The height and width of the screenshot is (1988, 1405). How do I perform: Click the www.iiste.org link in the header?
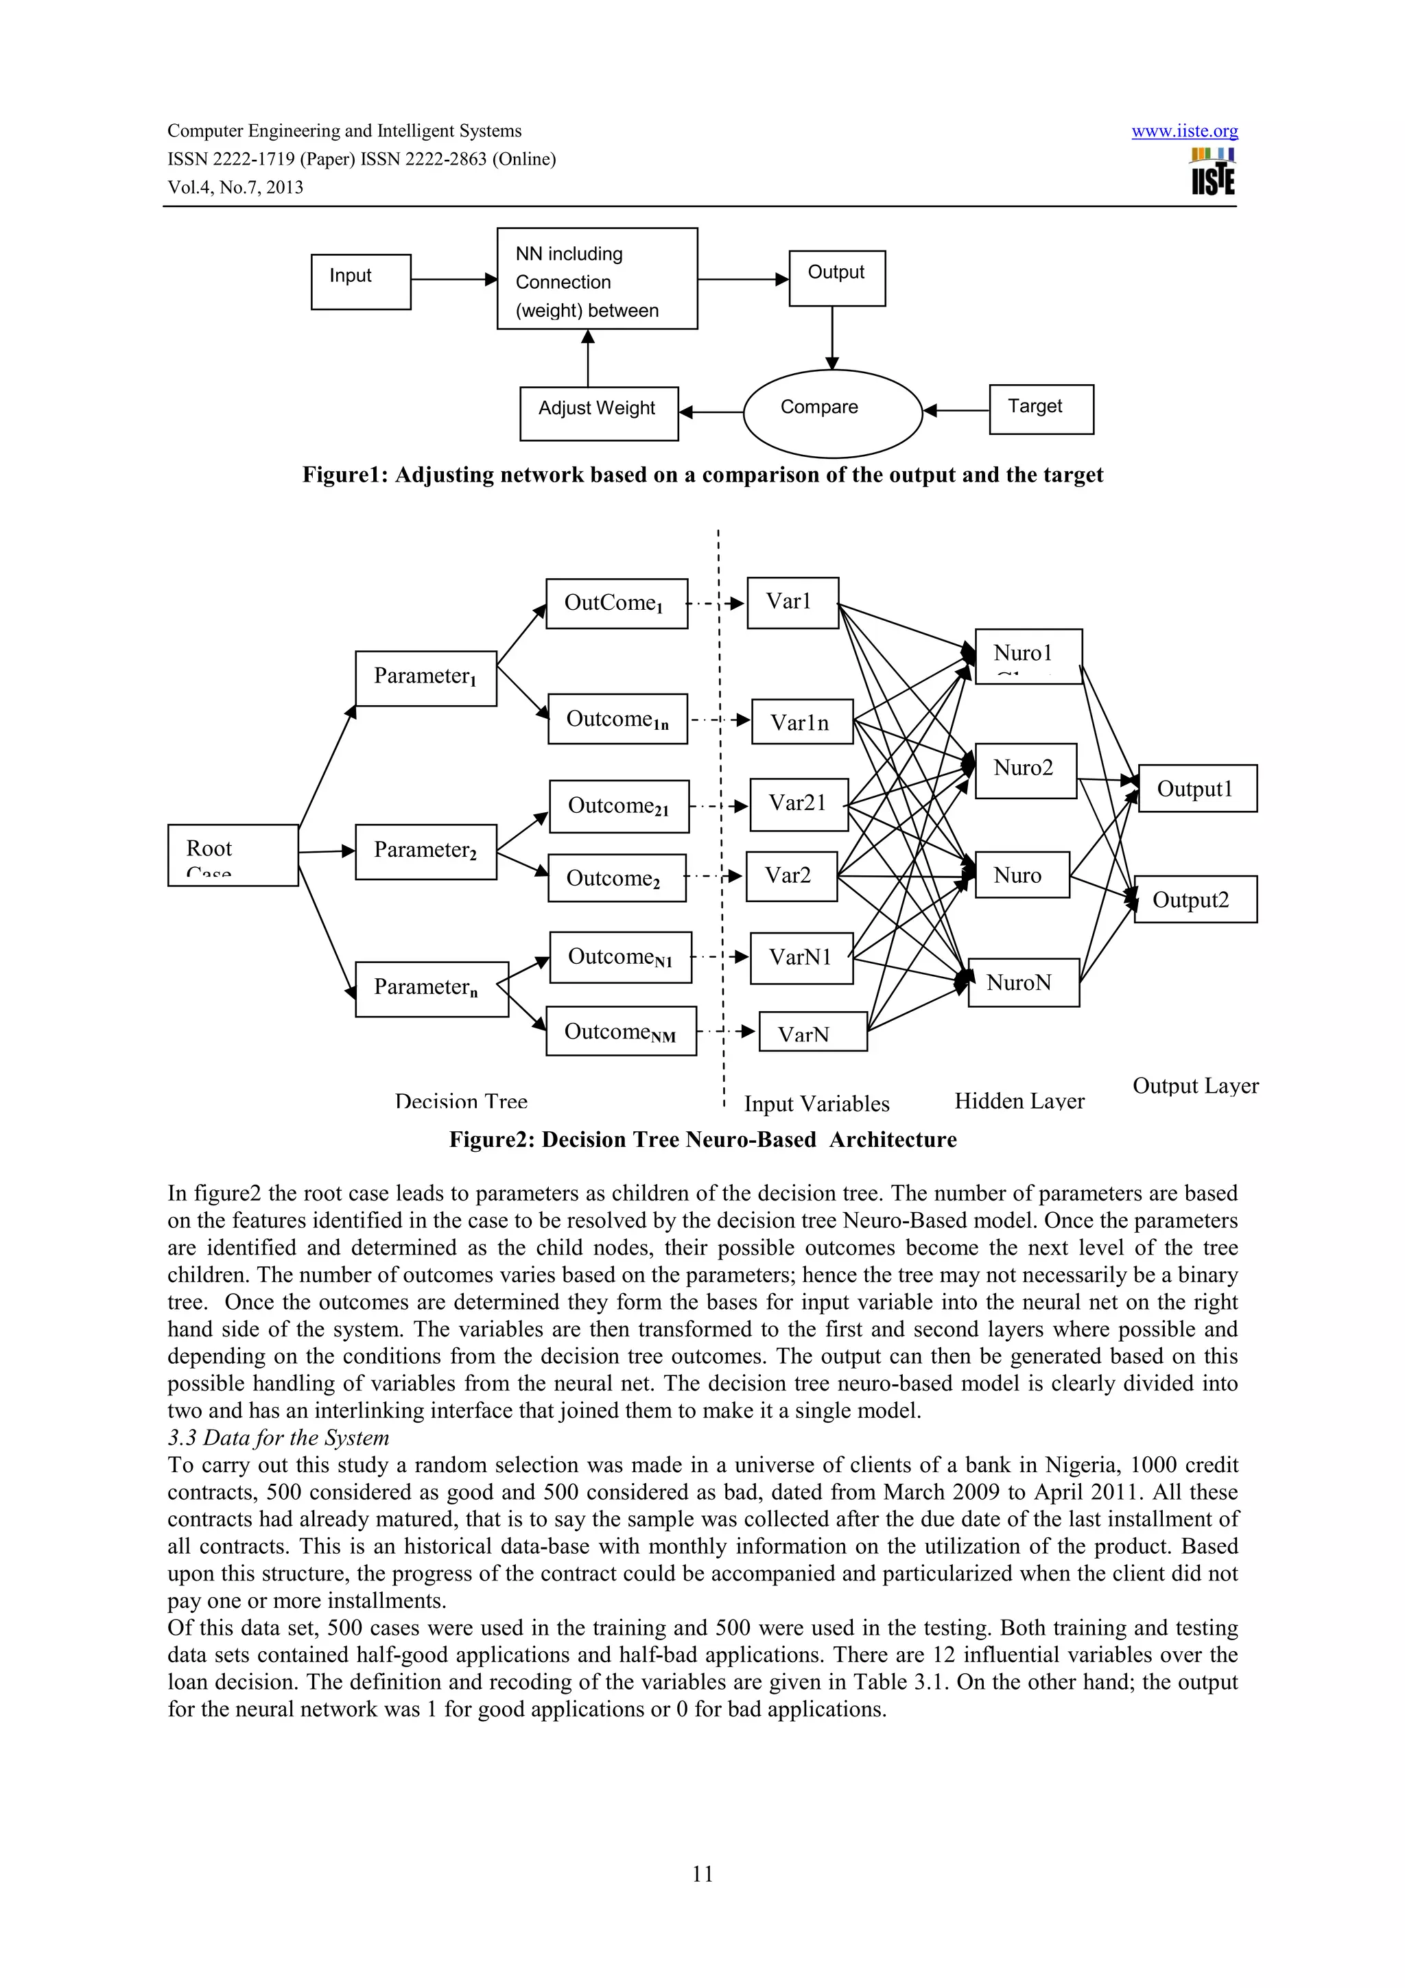pyautogui.click(x=1183, y=132)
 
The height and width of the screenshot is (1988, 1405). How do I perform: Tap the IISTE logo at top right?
pyautogui.click(x=1213, y=171)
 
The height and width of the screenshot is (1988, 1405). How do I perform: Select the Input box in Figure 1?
pyautogui.click(x=360, y=281)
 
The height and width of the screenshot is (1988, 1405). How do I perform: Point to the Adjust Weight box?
pyautogui.click(x=598, y=413)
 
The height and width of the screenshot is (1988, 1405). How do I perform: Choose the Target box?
pyautogui.click(x=1041, y=409)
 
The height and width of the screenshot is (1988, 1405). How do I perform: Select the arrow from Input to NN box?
pyautogui.click(x=453, y=279)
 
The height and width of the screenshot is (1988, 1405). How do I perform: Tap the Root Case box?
pyautogui.click(x=232, y=855)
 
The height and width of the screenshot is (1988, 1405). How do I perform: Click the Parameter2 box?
pyautogui.click(x=425, y=851)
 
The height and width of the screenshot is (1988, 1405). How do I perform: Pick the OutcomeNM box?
pyautogui.click(x=621, y=1030)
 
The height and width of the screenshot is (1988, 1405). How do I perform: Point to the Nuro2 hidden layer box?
pyautogui.click(x=1025, y=770)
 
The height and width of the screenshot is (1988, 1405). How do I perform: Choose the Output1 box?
pyautogui.click(x=1196, y=788)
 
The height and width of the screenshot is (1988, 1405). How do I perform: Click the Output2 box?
pyautogui.click(x=1194, y=899)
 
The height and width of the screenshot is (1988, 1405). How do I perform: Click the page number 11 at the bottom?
pyautogui.click(x=702, y=1873)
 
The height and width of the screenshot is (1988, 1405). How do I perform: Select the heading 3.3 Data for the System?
pyautogui.click(x=278, y=1437)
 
